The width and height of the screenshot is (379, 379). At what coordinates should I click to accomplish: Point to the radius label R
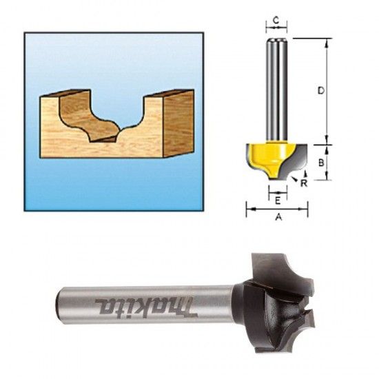click(x=304, y=184)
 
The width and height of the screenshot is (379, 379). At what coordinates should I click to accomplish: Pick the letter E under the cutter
click(x=277, y=201)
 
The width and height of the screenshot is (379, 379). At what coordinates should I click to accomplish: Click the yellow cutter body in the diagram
click(x=265, y=156)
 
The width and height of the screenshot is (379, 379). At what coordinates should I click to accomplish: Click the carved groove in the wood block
click(x=103, y=117)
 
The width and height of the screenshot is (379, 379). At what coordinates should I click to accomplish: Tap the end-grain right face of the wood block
click(x=177, y=123)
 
